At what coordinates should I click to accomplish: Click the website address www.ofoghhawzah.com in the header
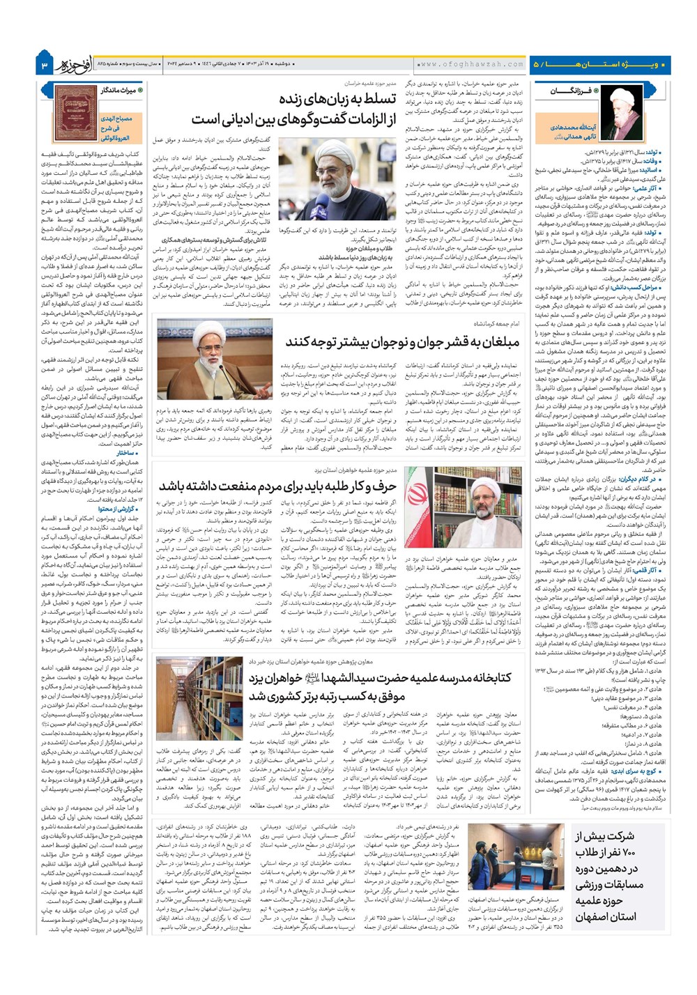click(x=472, y=64)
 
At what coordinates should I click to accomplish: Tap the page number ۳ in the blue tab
click(x=44, y=65)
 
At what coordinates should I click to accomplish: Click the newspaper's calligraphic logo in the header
click(x=75, y=63)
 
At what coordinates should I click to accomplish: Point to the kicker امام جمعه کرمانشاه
click(x=496, y=323)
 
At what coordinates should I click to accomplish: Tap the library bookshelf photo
click(x=198, y=697)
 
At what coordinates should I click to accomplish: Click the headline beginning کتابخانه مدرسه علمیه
click(x=380, y=677)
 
